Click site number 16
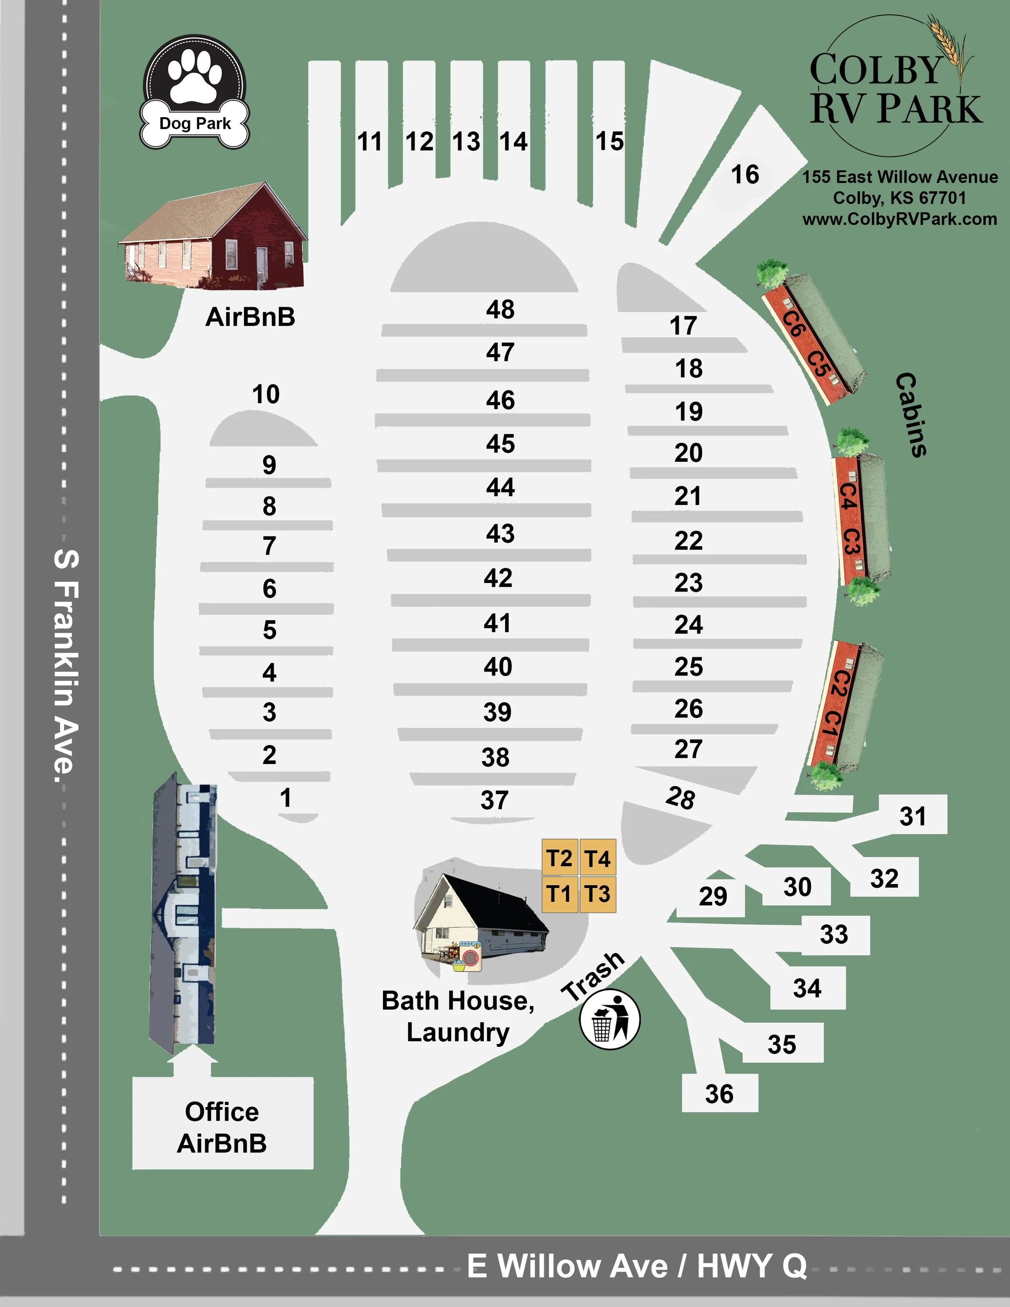coord(745,175)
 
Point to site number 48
coord(500,309)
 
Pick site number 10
coord(266,394)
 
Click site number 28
coord(680,798)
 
